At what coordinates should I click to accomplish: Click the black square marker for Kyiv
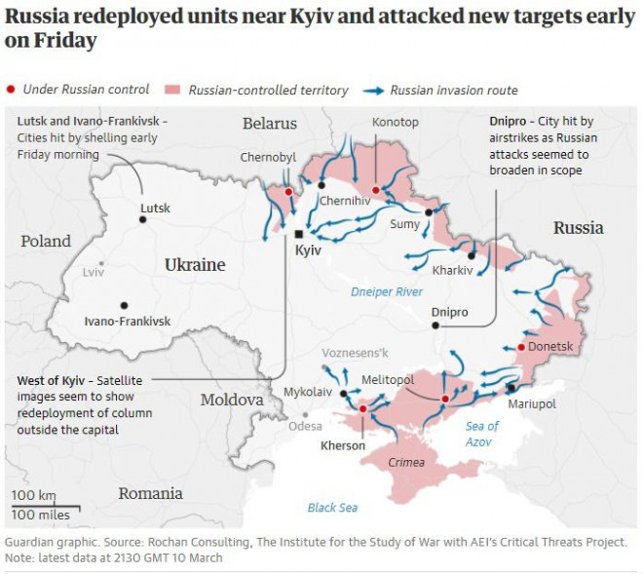pos(299,234)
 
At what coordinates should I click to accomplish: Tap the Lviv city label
pos(94,272)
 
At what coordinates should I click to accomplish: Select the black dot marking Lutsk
pos(143,220)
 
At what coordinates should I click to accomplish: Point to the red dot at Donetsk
pos(521,347)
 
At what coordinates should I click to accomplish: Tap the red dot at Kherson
pos(362,410)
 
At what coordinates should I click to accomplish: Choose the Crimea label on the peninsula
pos(406,462)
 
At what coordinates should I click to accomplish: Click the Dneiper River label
pos(387,291)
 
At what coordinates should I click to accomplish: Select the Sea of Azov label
pos(481,434)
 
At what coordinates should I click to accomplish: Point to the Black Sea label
pos(332,507)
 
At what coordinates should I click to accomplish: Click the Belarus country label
pos(270,124)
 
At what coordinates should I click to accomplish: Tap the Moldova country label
pos(232,400)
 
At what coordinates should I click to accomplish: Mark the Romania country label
pos(150,493)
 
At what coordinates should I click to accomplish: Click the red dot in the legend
pos(11,90)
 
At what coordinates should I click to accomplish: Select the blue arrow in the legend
pos(372,90)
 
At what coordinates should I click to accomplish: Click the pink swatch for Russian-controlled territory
pos(175,90)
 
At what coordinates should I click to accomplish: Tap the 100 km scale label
pos(33,495)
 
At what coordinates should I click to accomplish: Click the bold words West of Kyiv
pos(55,380)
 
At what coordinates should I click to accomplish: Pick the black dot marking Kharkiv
pos(471,255)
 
